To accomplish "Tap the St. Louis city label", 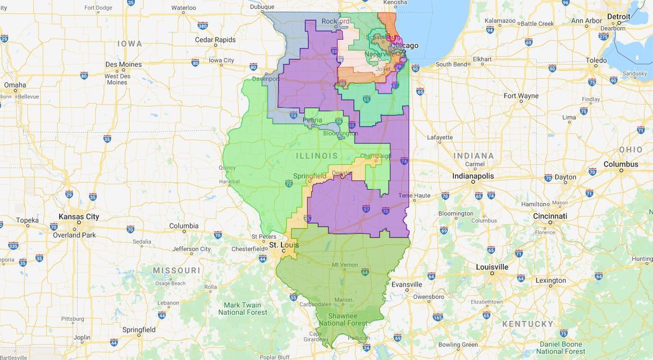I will click(x=282, y=245).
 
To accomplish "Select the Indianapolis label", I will click(x=473, y=176).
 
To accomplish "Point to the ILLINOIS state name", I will click(x=321, y=156).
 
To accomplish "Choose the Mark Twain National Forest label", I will click(x=243, y=308).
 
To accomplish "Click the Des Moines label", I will click(x=124, y=64).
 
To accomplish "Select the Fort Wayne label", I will click(x=521, y=96).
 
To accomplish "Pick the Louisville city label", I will click(x=492, y=267).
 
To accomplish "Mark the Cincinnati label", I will click(x=550, y=216).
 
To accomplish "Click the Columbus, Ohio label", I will click(x=621, y=164).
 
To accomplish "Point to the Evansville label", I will click(x=406, y=284).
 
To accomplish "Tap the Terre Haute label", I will click(x=414, y=195).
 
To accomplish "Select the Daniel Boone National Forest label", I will click(x=562, y=347).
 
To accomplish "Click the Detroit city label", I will click(x=619, y=16).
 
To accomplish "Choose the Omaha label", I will click(x=15, y=85).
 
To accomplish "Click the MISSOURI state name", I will click(x=176, y=270).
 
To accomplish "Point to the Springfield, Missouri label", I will click(x=138, y=330).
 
